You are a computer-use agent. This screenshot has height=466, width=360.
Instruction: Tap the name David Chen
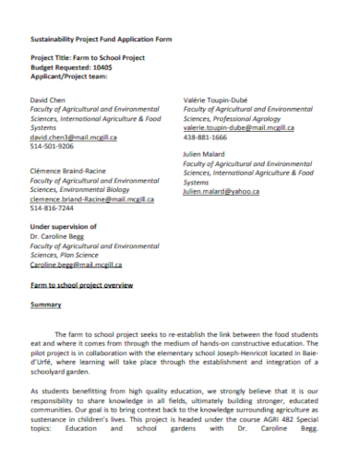click(51, 97)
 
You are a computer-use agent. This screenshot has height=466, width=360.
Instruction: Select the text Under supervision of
click(64, 226)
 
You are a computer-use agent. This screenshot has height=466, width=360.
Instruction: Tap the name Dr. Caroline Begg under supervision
click(62, 236)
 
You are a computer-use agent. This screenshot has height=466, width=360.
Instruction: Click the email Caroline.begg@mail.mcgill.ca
click(76, 265)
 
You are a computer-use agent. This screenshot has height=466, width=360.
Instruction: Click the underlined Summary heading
click(45, 305)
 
